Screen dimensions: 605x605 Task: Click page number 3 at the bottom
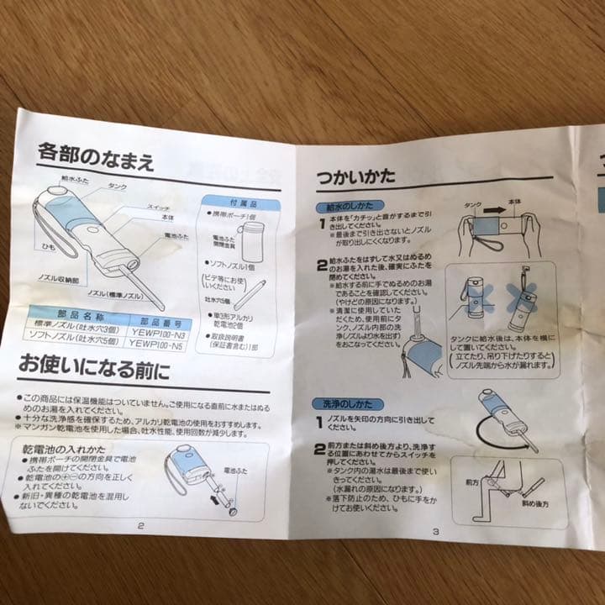click(436, 531)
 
